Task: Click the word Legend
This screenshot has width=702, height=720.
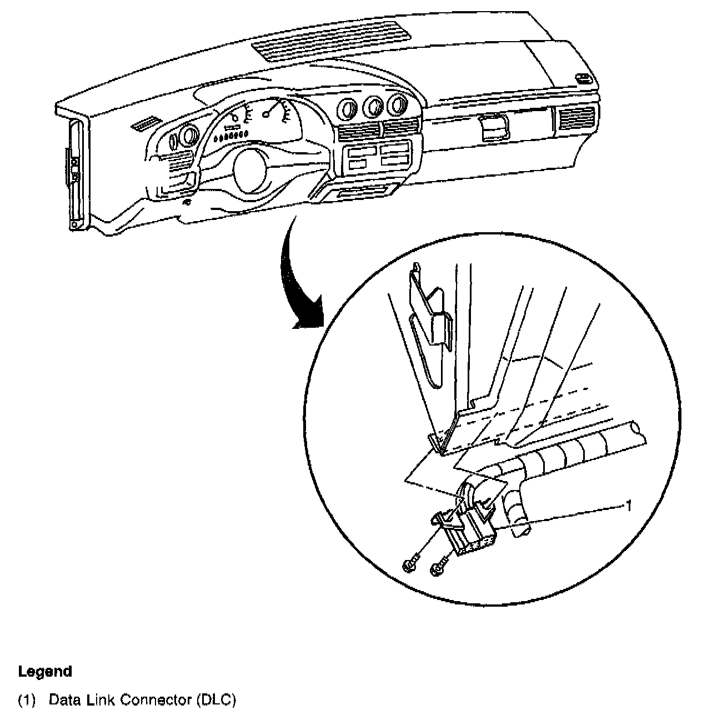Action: pyautogui.click(x=45, y=672)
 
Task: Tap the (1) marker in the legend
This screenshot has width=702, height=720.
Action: pyautogui.click(x=28, y=700)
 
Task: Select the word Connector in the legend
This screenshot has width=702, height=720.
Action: pyautogui.click(x=156, y=700)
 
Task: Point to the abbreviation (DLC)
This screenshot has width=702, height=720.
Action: pyautogui.click(x=216, y=700)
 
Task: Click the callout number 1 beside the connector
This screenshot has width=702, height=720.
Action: pyautogui.click(x=628, y=505)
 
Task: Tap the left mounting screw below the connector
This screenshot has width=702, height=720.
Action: pyautogui.click(x=408, y=565)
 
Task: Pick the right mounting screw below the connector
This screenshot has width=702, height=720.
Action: pyautogui.click(x=438, y=568)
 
